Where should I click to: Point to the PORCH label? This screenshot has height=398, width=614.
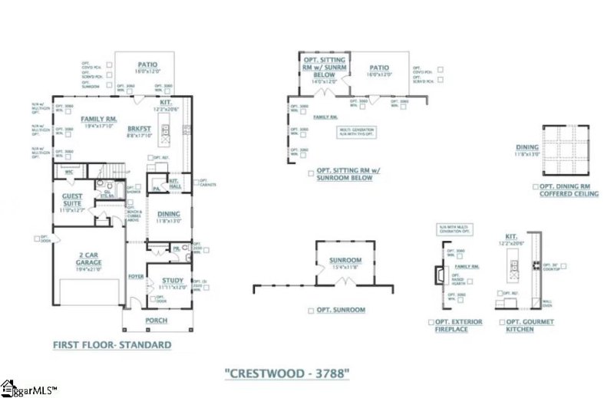coord(157,321)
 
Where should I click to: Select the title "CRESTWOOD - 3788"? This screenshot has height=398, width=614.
coord(287,373)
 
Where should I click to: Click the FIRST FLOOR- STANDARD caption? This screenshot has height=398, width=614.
coord(111,345)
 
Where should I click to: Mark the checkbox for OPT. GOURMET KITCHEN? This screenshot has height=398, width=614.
coord(501,322)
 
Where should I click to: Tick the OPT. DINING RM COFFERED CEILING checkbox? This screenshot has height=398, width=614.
coord(535,186)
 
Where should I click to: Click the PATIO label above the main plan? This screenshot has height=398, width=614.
coord(147,66)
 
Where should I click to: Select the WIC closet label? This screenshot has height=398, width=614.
coord(69,172)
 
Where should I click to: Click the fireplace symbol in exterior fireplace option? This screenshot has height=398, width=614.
coord(438,274)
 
